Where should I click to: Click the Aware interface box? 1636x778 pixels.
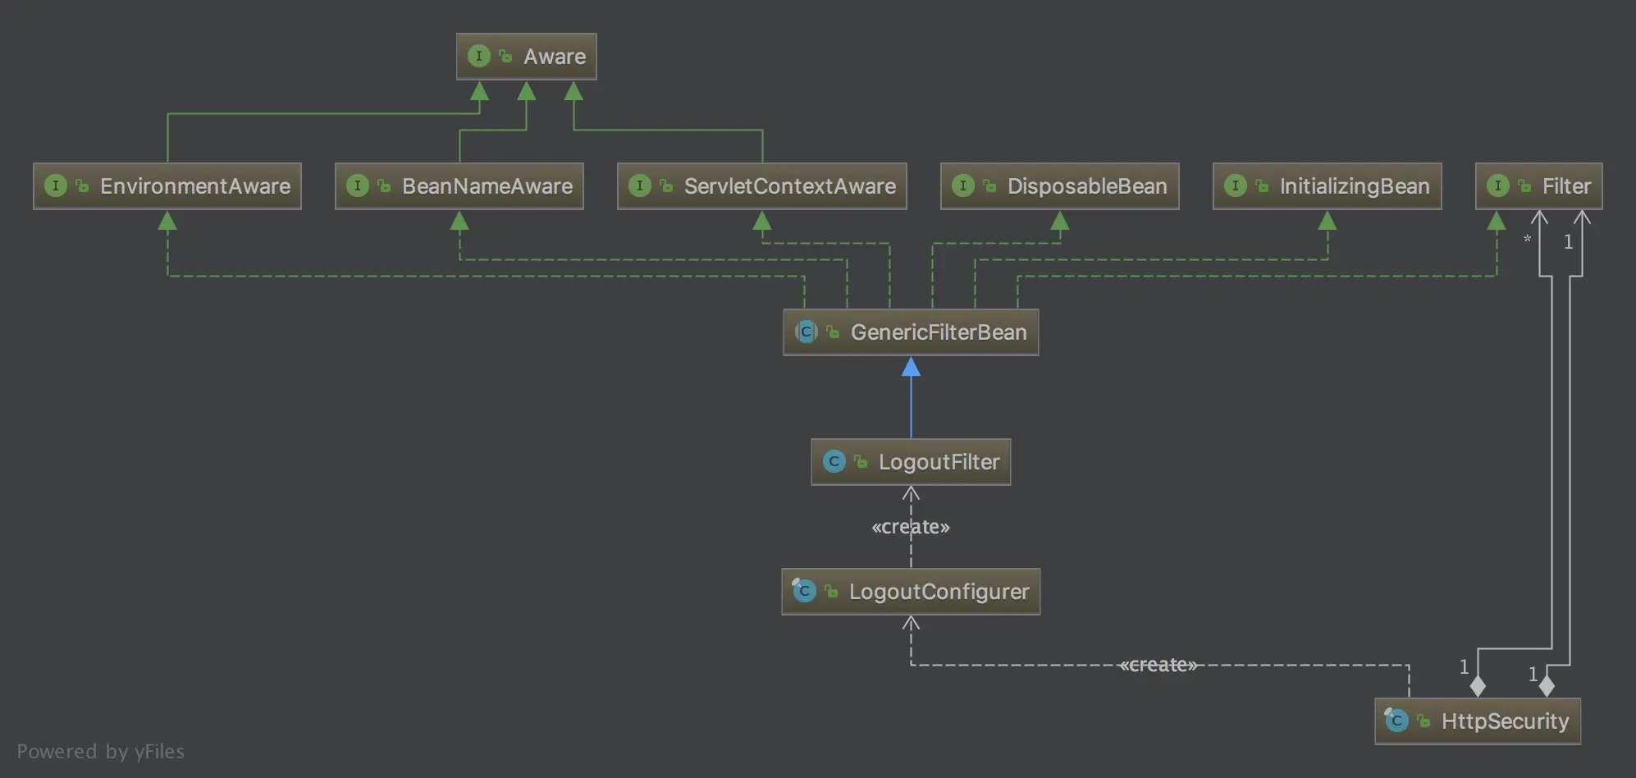526,57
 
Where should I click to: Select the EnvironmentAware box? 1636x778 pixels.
167,186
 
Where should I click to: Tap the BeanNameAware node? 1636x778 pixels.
459,186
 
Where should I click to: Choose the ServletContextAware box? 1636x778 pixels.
761,186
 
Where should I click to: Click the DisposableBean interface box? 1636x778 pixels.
1059,186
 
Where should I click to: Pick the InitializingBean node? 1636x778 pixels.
1327,186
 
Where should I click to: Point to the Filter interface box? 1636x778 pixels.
1538,186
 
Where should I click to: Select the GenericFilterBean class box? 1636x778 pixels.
911,332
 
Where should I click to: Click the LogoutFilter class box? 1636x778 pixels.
911,462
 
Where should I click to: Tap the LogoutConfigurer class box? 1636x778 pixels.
911,592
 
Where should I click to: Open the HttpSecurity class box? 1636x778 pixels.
1478,721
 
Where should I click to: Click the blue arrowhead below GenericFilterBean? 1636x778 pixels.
911,368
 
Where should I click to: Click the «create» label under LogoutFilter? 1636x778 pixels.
911,527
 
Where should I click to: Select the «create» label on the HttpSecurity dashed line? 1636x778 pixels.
1158,665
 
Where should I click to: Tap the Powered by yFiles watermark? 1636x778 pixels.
101,752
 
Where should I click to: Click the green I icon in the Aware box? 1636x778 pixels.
479,56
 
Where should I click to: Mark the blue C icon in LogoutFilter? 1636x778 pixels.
834,461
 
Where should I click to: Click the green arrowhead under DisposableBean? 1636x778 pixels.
1060,221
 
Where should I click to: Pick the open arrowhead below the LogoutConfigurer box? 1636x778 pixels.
911,624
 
